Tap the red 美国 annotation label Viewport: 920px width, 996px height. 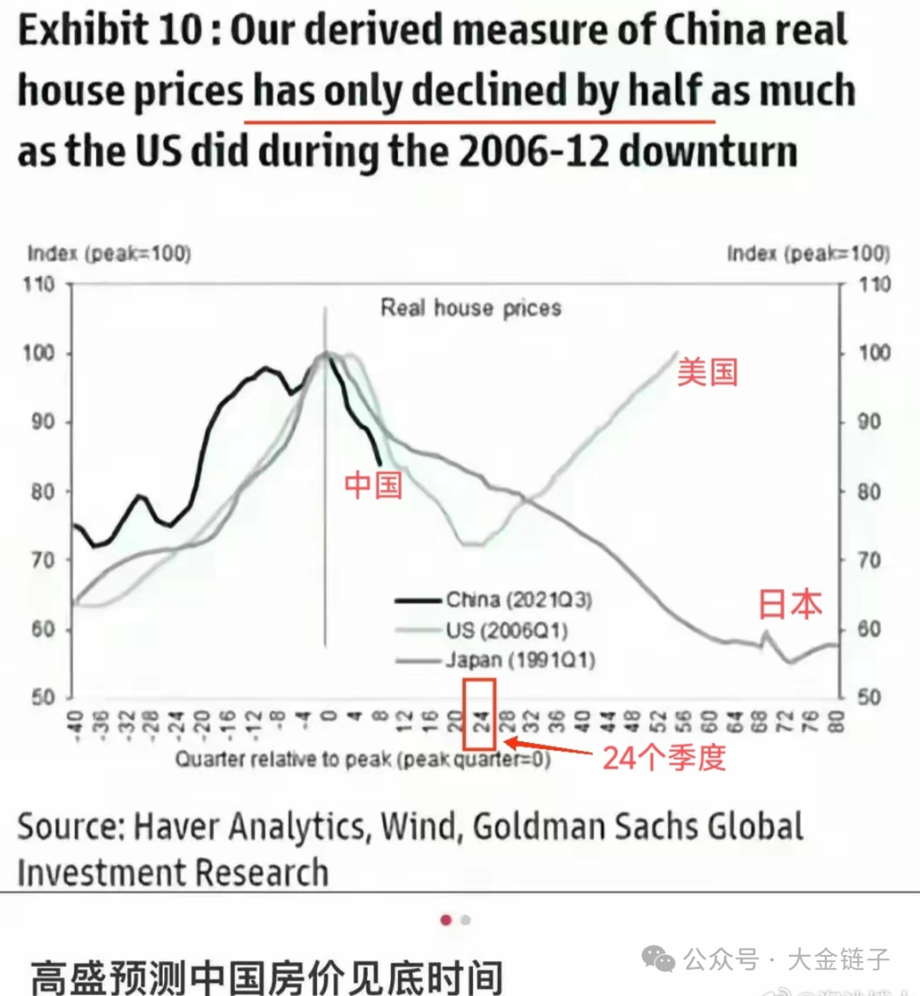click(x=707, y=372)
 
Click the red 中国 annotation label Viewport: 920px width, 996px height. click(x=373, y=485)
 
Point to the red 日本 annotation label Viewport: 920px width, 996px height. click(x=790, y=603)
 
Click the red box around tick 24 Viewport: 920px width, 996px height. click(x=479, y=714)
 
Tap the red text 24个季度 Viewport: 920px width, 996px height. click(x=664, y=757)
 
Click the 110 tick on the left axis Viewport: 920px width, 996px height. click(x=38, y=284)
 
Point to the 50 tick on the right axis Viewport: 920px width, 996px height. click(x=868, y=697)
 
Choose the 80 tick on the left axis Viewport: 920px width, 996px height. click(x=42, y=492)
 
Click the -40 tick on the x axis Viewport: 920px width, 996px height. click(x=75, y=723)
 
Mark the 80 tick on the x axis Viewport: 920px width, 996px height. click(x=837, y=723)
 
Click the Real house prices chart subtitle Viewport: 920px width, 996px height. click(x=470, y=308)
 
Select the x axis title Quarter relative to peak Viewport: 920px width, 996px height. click(x=363, y=758)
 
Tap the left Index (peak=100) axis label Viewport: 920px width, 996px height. click(x=109, y=253)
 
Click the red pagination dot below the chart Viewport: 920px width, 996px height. click(x=446, y=920)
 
